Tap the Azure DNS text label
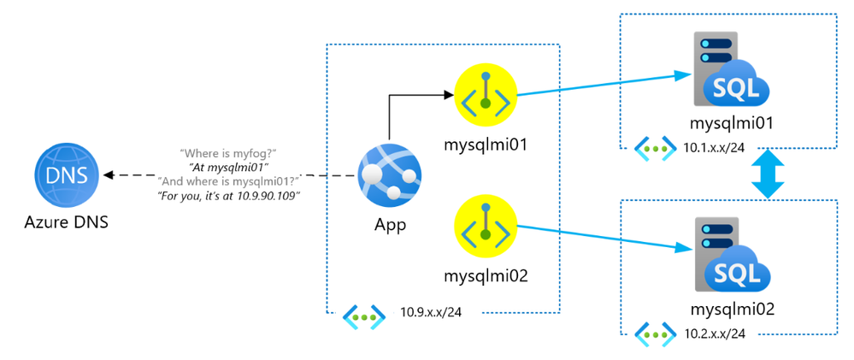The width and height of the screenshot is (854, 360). [x=65, y=225]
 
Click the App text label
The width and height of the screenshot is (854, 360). [x=390, y=226]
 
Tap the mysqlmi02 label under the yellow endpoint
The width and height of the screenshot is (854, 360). [x=486, y=275]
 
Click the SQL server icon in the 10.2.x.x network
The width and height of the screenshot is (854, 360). [x=729, y=256]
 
